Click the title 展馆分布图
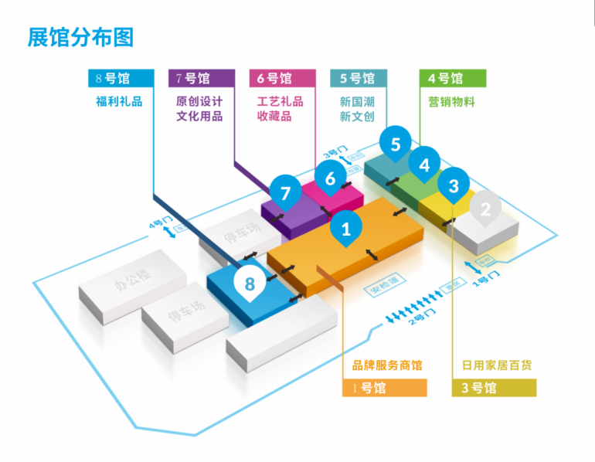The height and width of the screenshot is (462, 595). pos(80,37)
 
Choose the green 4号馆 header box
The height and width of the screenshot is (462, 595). pos(453,78)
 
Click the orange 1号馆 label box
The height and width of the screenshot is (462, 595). pos(384,388)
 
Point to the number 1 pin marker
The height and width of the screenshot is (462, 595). pos(346,229)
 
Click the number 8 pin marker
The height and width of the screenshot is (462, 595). pos(250,284)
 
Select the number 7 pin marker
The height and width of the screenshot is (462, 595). pos(286,193)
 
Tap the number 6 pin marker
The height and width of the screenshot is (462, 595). pos(331,178)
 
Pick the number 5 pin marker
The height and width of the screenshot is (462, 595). pos(396,144)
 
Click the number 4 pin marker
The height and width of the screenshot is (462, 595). pos(424,165)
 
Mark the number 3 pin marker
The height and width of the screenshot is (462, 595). pos(454,186)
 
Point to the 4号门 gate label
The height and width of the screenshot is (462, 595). pos(158,224)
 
